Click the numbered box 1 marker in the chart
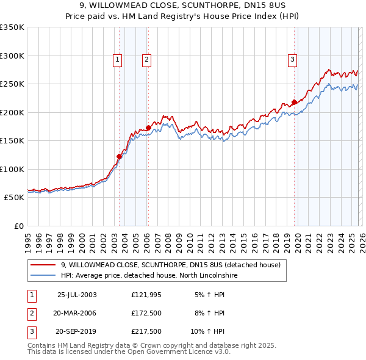point(117,59)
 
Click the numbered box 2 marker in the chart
point(148,59)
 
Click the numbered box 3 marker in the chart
point(293,59)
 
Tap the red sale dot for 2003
point(120,156)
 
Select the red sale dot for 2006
point(148,128)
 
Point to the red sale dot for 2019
point(294,102)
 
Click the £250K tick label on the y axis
point(12,84)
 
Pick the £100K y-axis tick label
point(12,169)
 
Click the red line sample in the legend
point(43,265)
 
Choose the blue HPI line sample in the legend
point(43,276)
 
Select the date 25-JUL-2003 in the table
point(77,295)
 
